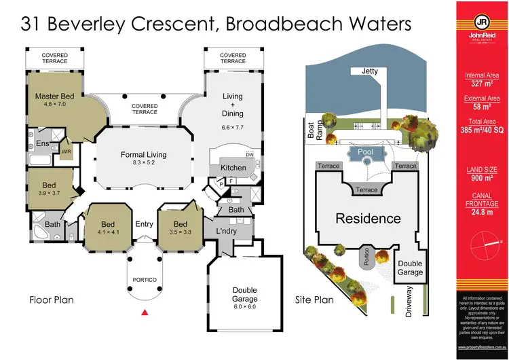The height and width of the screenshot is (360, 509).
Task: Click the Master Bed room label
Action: (54, 96)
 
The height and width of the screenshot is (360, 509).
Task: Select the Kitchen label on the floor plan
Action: (233, 168)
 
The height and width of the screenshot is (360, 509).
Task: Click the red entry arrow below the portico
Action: (144, 312)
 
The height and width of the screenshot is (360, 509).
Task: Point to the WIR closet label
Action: (66, 151)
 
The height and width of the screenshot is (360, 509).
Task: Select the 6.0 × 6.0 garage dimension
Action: (245, 306)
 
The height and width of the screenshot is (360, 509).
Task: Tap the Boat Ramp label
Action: (312, 130)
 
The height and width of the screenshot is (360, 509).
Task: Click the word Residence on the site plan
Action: (367, 219)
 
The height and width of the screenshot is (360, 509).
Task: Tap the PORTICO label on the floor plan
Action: (144, 280)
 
